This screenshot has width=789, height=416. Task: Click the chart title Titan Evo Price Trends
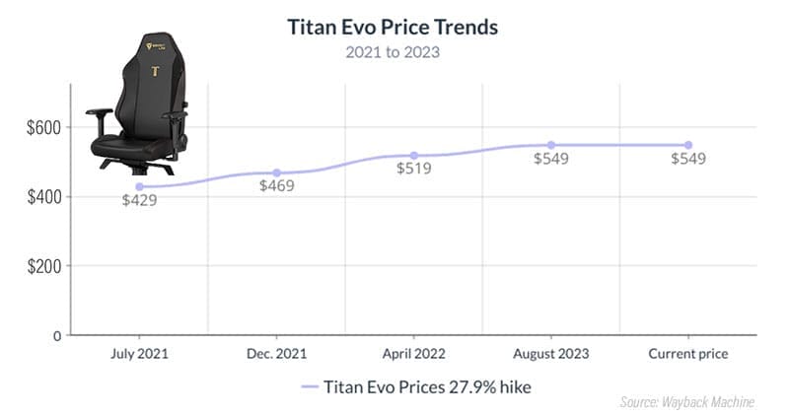(392, 26)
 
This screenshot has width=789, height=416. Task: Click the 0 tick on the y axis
(57, 335)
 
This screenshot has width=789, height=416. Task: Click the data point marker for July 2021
(139, 186)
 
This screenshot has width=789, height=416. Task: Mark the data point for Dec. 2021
(276, 173)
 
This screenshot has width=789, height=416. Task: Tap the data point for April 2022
(413, 156)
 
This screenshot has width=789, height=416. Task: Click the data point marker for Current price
(687, 145)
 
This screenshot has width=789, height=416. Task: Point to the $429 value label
(139, 200)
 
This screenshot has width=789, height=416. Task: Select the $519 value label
(414, 170)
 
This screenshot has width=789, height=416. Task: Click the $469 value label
(277, 186)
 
